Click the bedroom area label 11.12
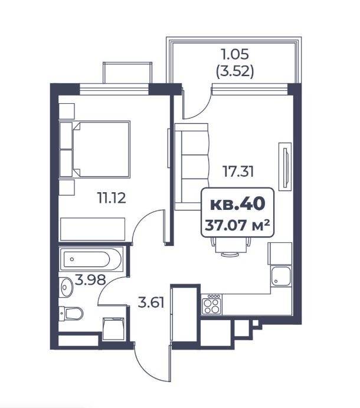pos(112,198)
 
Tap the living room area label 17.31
pos(238,171)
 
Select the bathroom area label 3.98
pos(90,280)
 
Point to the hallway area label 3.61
pos(151,303)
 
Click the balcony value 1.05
pos(235,54)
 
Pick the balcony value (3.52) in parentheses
pos(235,71)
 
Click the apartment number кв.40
pos(238,204)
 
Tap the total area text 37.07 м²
pos(237,225)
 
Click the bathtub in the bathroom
pos(91,259)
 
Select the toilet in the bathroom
pos(71,313)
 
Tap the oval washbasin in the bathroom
pos(66,287)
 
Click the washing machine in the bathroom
pos(113,328)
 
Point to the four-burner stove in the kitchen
pos(211,304)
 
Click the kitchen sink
pos(281,276)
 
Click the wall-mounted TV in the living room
pos(285,166)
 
